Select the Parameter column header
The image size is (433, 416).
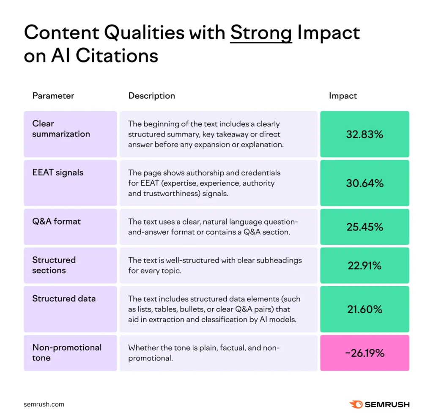(x=53, y=96)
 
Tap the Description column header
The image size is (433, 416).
(x=151, y=96)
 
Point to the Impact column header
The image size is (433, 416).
(x=343, y=96)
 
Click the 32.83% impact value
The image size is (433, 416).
(x=364, y=134)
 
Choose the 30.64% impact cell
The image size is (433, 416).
(x=364, y=183)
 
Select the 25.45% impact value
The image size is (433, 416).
(x=364, y=227)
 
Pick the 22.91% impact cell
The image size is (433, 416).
(x=364, y=265)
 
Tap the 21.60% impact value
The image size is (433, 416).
(x=364, y=309)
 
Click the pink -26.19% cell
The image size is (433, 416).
(x=364, y=353)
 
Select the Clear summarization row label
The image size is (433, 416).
(x=61, y=129)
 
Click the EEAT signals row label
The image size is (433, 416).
(x=58, y=172)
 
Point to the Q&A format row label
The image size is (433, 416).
(x=56, y=221)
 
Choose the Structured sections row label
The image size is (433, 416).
(x=54, y=265)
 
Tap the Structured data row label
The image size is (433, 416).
(x=64, y=298)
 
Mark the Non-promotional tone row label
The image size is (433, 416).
(x=67, y=353)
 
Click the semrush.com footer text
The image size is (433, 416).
(x=44, y=404)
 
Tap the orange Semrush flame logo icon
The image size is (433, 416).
(x=356, y=404)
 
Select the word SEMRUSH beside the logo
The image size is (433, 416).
(x=388, y=404)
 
